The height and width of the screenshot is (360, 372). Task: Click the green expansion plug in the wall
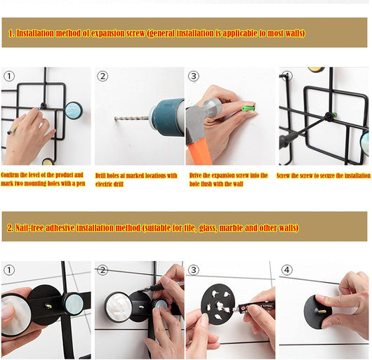pos(248,109)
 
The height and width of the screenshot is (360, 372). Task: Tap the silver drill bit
pos(132,118)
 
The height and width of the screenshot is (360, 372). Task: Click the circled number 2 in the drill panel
pos(102,76)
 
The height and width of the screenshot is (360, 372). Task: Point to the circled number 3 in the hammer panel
pos(194,76)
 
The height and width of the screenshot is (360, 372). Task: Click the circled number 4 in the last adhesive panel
pos(287,270)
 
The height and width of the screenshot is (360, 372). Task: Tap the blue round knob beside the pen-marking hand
pos(73,110)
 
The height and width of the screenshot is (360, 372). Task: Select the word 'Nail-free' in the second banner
pos(29,228)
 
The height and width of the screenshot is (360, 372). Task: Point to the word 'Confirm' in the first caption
pos(10,175)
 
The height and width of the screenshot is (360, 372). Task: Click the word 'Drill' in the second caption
pos(100,175)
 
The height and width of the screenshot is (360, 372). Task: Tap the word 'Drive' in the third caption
pos(195,175)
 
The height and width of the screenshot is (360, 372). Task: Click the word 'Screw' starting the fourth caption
pos(283,175)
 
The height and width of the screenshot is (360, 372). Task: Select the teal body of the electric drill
pos(168,118)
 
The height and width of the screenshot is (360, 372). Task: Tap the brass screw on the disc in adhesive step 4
pos(321,310)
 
